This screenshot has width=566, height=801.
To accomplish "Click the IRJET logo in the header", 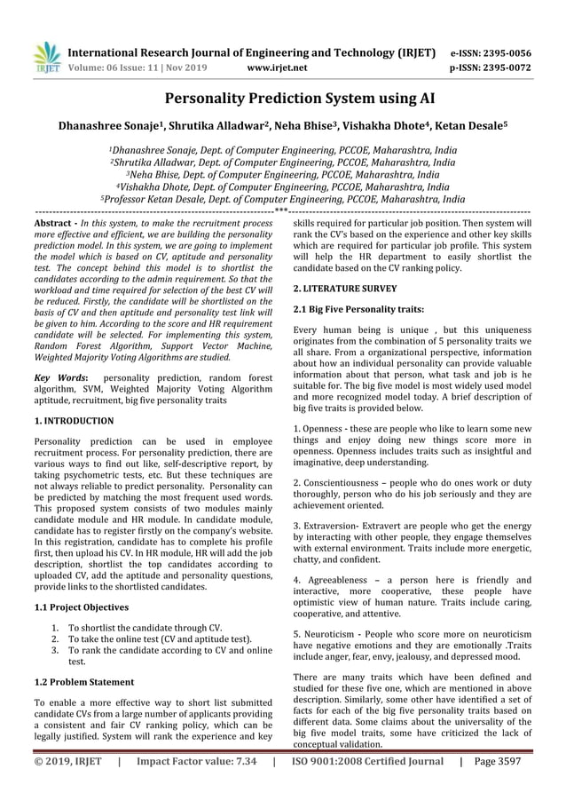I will [x=45, y=56].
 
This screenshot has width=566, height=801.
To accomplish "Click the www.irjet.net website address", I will [x=279, y=67].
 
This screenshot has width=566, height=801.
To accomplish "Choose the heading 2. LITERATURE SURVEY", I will [x=345, y=289].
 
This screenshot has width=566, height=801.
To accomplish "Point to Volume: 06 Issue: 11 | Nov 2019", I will [x=145, y=67].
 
